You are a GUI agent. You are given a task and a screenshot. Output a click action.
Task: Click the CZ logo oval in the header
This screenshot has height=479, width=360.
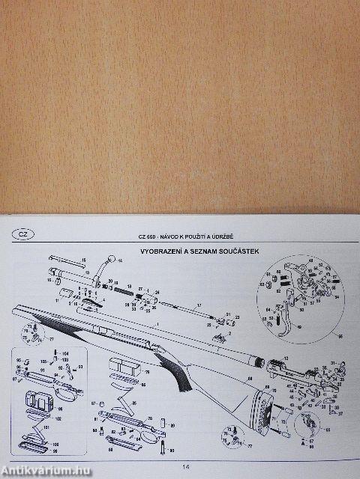23,235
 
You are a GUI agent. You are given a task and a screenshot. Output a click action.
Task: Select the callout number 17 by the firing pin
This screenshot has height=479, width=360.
199,306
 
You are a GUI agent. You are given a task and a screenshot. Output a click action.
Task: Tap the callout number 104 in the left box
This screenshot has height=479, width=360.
65,353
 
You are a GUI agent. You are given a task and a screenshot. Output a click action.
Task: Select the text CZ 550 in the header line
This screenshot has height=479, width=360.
148,237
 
